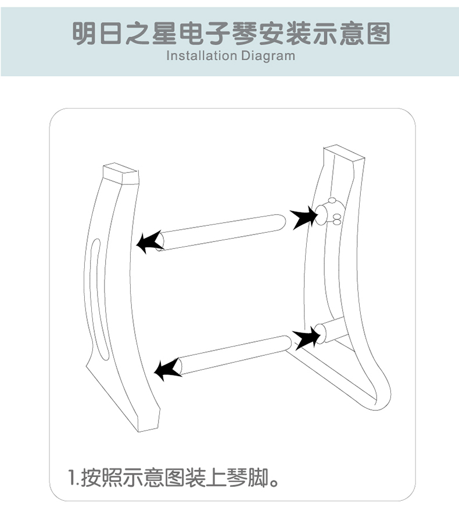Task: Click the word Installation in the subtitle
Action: click(x=202, y=55)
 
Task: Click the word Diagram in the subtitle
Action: click(x=268, y=56)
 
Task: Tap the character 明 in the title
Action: click(x=84, y=34)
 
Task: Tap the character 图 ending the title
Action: click(x=378, y=34)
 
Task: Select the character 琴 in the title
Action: click(x=245, y=34)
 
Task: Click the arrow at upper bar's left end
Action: click(x=150, y=241)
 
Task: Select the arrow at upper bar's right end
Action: click(x=304, y=217)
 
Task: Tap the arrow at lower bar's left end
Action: click(x=168, y=369)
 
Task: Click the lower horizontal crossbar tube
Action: click(x=234, y=355)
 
